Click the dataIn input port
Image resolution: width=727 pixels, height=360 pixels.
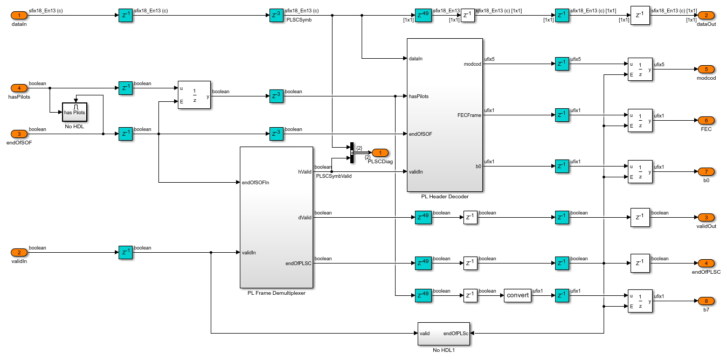point(19,16)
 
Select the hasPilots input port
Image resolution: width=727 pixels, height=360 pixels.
point(19,88)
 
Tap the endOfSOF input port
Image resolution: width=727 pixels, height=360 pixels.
point(19,134)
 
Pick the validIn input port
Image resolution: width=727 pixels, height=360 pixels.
point(19,252)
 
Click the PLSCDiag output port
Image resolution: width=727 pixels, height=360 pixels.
point(380,153)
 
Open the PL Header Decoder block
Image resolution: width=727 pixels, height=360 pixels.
point(445,115)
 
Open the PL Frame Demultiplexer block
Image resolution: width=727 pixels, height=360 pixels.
point(276,217)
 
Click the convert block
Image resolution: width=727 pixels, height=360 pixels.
point(517,295)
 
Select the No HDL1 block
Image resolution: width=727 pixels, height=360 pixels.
point(444,334)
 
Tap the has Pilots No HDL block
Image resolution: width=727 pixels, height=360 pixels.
point(75,111)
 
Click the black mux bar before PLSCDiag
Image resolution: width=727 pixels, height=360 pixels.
point(351,153)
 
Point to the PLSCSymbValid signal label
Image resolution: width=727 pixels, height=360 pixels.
point(334,176)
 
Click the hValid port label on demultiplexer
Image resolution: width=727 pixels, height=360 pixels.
point(304,171)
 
